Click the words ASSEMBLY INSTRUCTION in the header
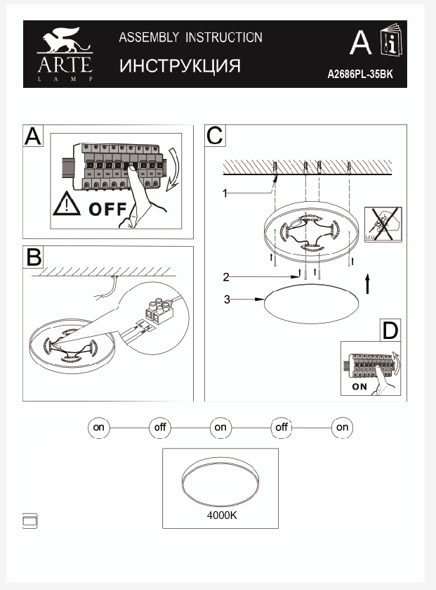coord(190,38)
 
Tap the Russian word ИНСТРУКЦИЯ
coord(180,66)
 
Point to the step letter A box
coord(34,136)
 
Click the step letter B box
coord(34,257)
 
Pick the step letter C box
coord(215,135)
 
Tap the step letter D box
coord(390,329)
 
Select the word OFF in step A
coord(107,209)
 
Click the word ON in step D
coord(359,386)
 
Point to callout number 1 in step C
coord(226,193)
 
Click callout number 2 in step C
coord(226,276)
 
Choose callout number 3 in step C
coord(227,300)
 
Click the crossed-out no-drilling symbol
coord(383,225)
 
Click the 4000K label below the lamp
coord(222,515)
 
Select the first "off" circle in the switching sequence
coord(160,427)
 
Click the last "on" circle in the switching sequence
coord(342,427)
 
